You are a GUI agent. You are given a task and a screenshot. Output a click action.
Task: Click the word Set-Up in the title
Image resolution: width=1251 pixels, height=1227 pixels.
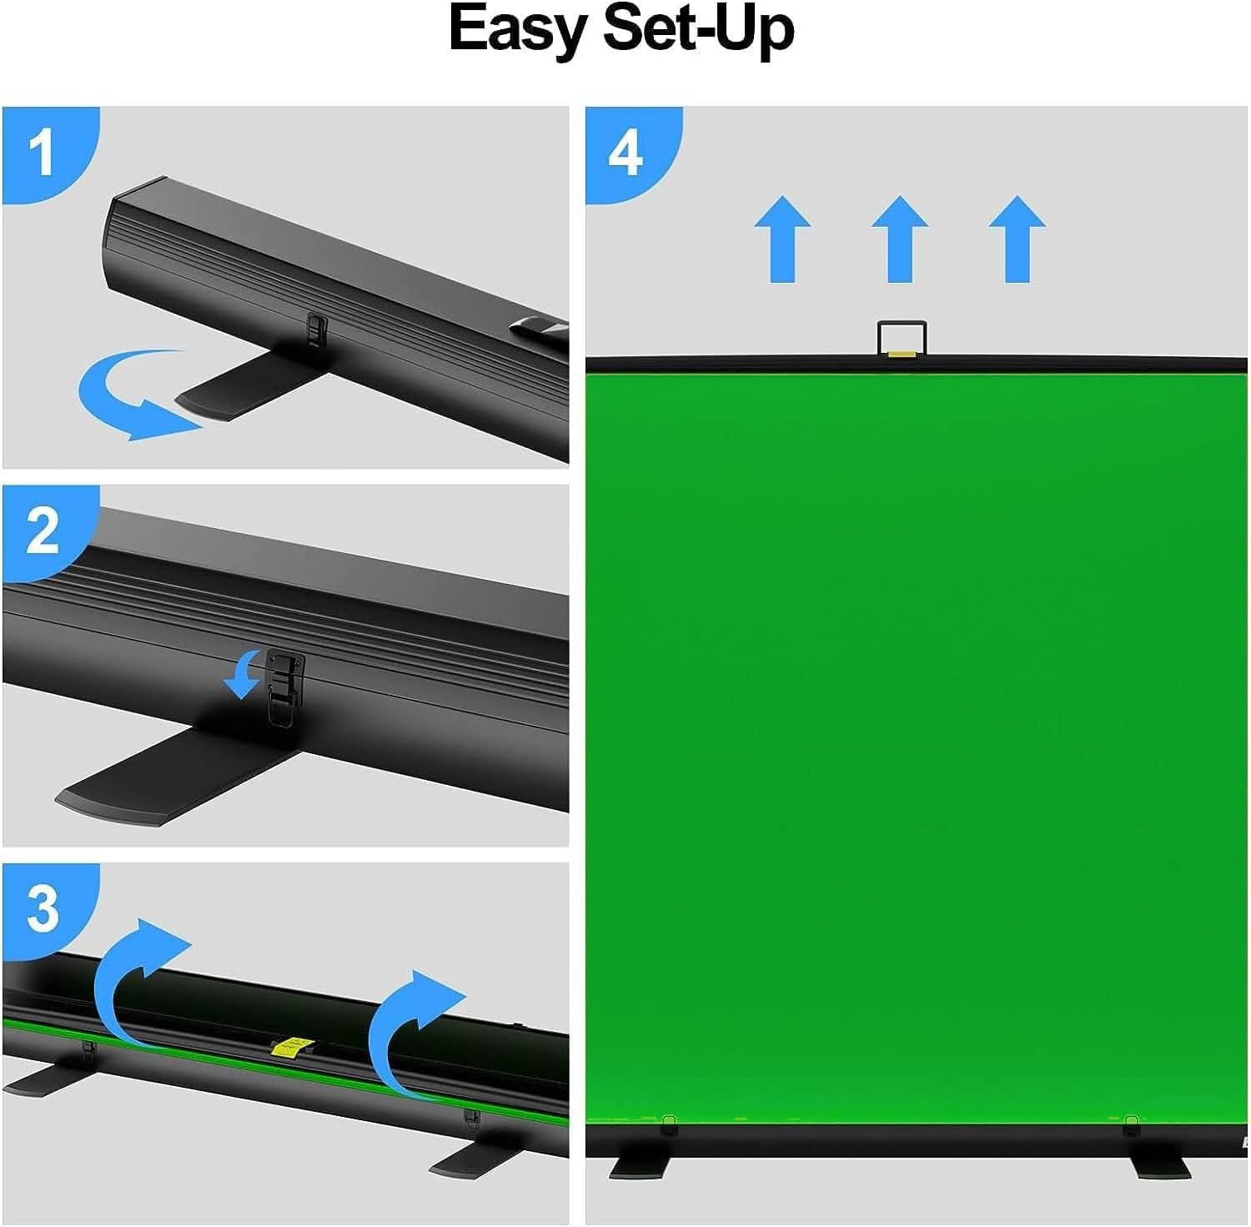698,29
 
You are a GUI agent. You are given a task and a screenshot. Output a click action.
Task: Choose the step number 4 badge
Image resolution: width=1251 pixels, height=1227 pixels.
625,152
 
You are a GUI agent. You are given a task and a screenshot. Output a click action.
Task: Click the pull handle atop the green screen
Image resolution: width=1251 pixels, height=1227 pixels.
902,339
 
